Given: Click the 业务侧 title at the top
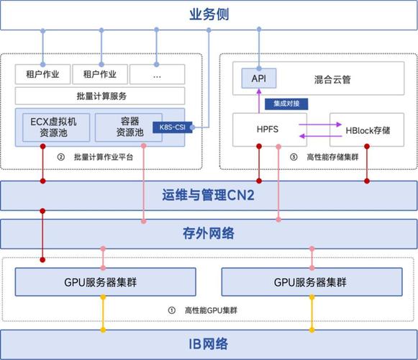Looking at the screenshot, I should coord(209,14).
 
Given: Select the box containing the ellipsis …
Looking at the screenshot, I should coord(157,73).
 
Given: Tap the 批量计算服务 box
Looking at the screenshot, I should coord(100,95).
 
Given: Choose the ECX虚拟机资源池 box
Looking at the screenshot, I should coord(54,128).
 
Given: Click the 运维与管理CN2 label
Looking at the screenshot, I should coord(209,194).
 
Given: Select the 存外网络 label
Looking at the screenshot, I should coord(209,233).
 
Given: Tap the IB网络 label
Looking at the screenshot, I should coord(209,343).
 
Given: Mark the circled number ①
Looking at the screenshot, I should coord(171,310).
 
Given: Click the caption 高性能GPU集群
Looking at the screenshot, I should coord(212,310).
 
